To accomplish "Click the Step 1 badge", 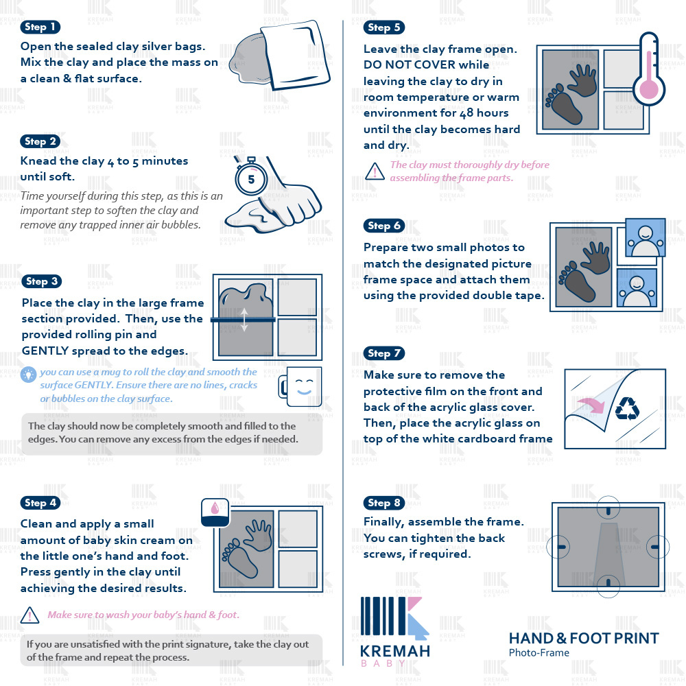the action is [x=40, y=27].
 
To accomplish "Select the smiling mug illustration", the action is [x=300, y=387].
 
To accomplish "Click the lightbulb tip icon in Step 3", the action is [x=28, y=375].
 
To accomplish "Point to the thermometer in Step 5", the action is [x=649, y=69].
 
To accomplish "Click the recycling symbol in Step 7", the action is [x=628, y=408].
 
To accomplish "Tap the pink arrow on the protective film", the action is [x=591, y=405].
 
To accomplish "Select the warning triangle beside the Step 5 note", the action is [x=375, y=171].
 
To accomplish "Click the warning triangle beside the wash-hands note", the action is [x=29, y=615].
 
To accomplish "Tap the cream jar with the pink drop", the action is [x=215, y=512].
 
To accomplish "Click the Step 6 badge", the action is [x=383, y=226].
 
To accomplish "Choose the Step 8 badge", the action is [x=383, y=503].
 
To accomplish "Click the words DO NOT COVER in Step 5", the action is [x=426, y=64].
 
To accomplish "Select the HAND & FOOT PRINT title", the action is [x=584, y=638].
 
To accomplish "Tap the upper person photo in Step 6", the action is [x=646, y=237].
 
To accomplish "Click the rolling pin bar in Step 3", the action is [x=244, y=320].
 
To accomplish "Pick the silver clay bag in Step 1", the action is [x=295, y=54].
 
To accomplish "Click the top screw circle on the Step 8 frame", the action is [x=608, y=508].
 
